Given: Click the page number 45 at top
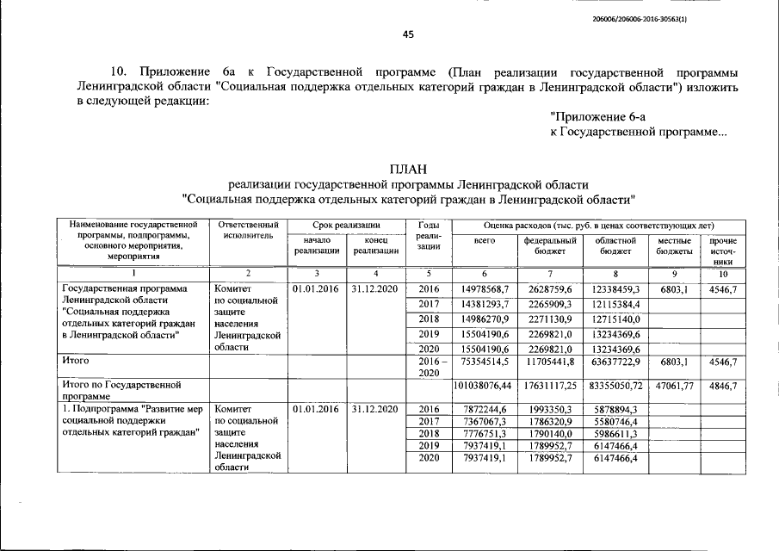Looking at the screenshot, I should point(408,34).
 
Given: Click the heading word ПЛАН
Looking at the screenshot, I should point(408,168).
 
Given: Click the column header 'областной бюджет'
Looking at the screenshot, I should point(615,246).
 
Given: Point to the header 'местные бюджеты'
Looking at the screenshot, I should point(674,246).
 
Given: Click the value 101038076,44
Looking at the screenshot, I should point(485,387).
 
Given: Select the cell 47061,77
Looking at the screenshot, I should point(674,387).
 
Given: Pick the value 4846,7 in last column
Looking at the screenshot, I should point(722,387).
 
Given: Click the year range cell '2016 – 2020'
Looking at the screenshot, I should point(428,368).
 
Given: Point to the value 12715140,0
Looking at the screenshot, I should point(615,319).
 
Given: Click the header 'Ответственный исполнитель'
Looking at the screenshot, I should point(248,229).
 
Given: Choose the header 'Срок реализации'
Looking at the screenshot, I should point(346,224).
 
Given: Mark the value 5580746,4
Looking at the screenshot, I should point(615,423).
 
